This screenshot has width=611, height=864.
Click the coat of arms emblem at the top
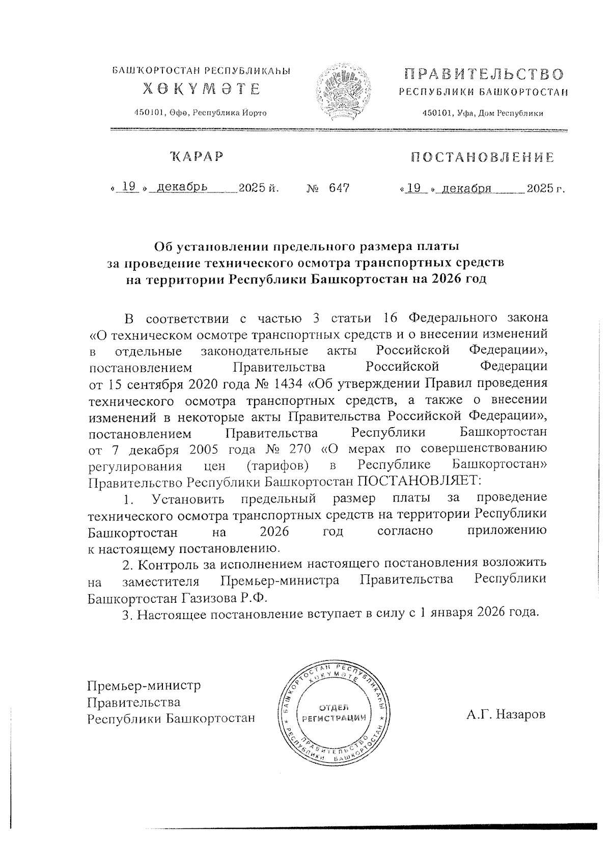tap(344, 93)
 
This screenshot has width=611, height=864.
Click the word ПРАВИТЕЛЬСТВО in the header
tap(484, 74)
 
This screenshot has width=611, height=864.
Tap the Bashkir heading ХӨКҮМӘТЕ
tap(201, 89)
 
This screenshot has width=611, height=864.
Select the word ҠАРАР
tap(197, 156)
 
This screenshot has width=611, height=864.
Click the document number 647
tap(339, 189)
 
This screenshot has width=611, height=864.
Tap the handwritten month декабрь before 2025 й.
tap(182, 188)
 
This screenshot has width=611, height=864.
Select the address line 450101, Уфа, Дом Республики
tap(483, 113)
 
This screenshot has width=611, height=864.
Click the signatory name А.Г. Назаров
tap(506, 714)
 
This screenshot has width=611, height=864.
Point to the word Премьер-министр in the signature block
tap(144, 685)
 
